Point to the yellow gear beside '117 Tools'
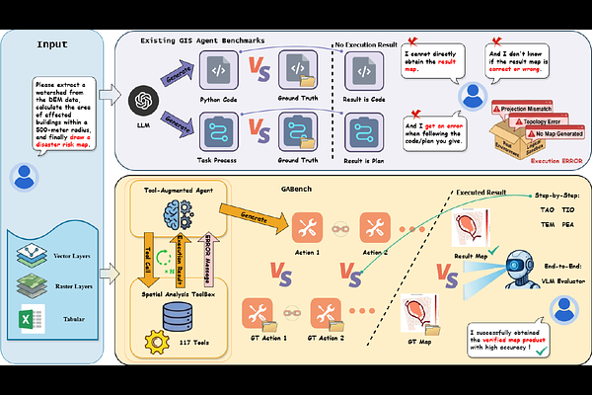(153, 342)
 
